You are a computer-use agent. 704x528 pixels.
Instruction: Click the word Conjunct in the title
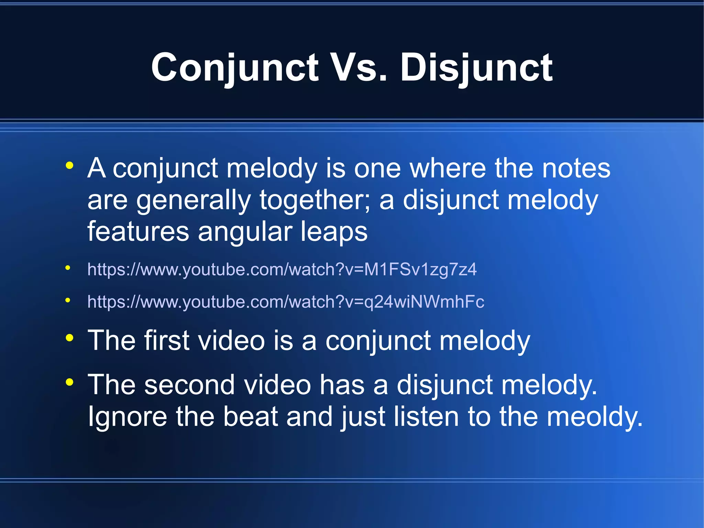[235, 68]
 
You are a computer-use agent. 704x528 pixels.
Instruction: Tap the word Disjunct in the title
[476, 68]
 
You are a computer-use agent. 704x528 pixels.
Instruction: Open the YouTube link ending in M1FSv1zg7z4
[282, 269]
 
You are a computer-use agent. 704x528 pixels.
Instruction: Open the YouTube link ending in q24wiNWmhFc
[286, 302]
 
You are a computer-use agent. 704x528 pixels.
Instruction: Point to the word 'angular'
[245, 231]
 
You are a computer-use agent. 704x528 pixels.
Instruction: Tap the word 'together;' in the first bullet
[315, 200]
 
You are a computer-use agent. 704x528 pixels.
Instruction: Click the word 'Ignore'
[128, 417]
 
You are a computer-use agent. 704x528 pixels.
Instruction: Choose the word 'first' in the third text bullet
[167, 341]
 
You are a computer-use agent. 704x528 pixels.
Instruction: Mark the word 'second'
[189, 385]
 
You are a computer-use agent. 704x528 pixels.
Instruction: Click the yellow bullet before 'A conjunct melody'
[69, 166]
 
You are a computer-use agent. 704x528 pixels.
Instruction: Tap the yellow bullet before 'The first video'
[69, 338]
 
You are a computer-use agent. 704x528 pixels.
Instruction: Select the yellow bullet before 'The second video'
[69, 382]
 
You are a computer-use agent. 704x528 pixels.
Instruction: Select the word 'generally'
[193, 201]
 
